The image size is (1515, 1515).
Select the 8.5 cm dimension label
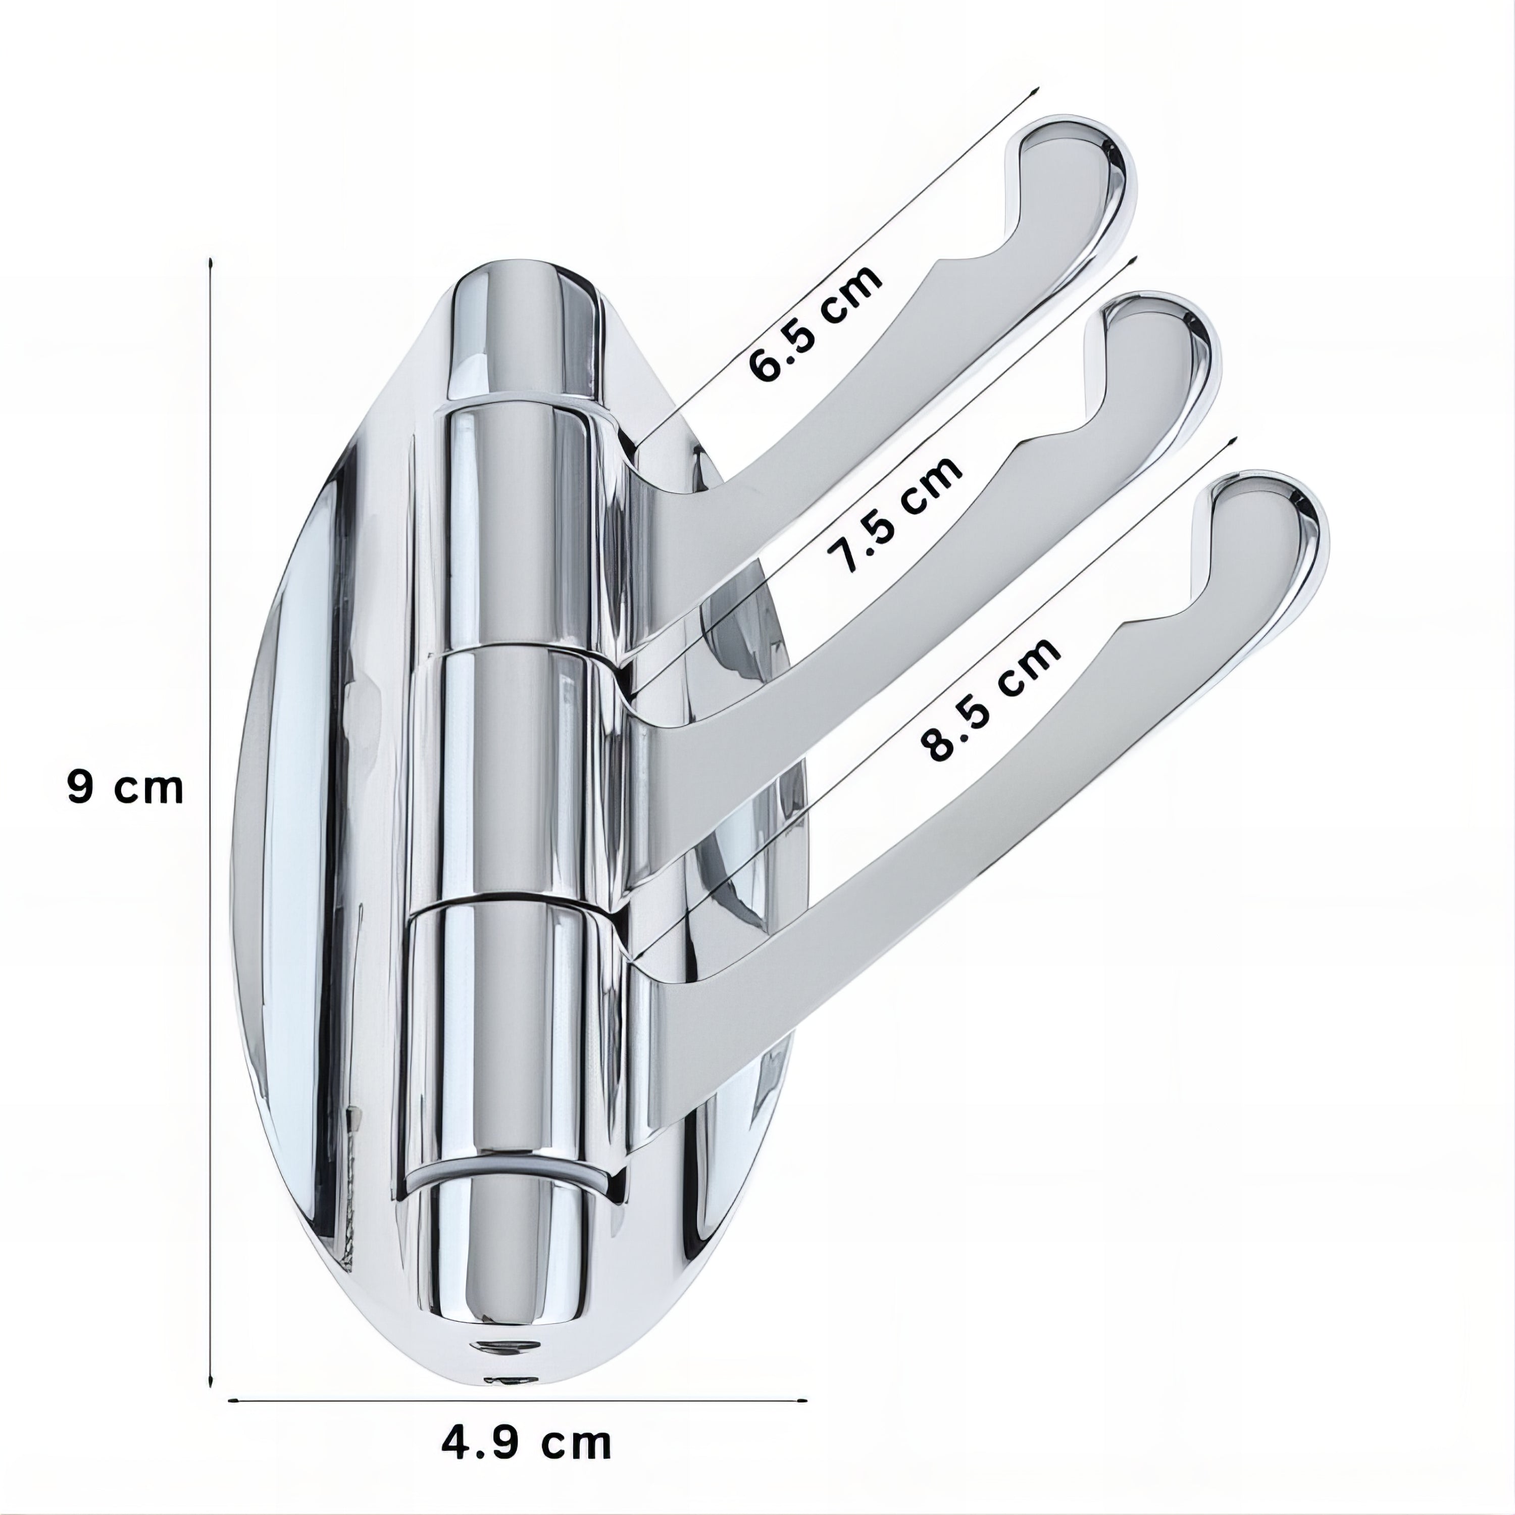[990, 699]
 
